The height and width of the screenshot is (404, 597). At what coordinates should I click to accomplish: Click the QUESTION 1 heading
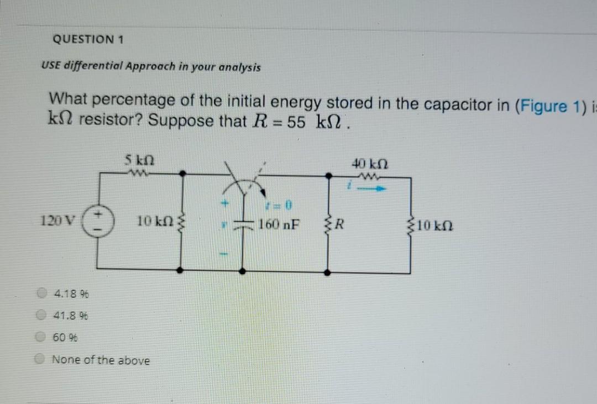tap(88, 40)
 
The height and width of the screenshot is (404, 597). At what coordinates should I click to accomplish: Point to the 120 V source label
tap(54, 221)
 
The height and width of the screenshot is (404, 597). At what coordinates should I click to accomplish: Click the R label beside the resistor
tap(341, 225)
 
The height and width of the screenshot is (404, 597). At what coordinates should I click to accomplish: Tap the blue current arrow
tap(375, 188)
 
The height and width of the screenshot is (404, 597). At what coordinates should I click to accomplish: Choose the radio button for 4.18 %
tap(41, 293)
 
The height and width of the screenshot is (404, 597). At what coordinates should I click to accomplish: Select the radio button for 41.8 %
tap(41, 316)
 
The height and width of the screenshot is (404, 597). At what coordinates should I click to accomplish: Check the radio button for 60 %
tap(41, 337)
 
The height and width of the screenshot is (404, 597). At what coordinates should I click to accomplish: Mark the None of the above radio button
tap(41, 360)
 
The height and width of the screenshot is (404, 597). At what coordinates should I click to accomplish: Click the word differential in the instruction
tap(91, 67)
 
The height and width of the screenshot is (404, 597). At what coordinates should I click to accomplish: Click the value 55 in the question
tap(296, 122)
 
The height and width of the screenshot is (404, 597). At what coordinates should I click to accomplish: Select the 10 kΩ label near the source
tap(154, 222)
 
